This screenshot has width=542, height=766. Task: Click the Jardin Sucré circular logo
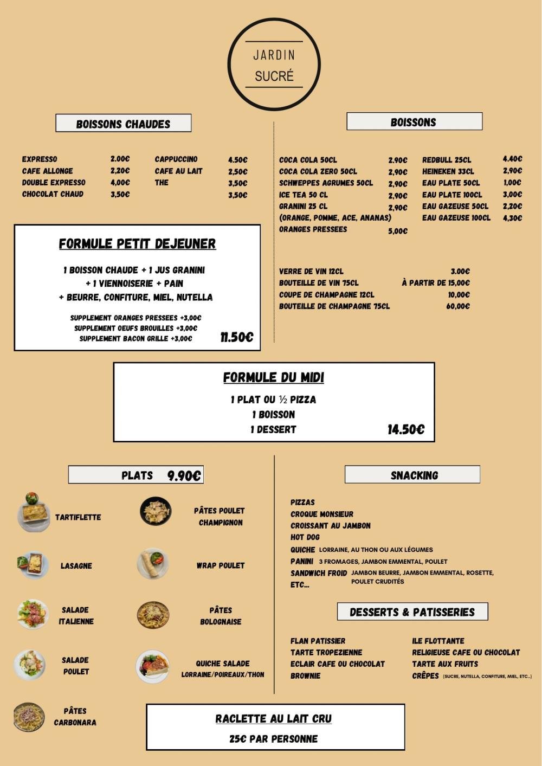[274, 64]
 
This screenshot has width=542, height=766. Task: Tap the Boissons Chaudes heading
[123, 124]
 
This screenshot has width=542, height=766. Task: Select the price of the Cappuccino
[237, 160]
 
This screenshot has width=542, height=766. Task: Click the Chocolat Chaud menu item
[53, 194]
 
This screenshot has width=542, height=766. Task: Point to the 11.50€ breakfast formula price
[236, 337]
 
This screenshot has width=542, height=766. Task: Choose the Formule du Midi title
[274, 377]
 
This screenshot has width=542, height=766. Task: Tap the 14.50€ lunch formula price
[405, 430]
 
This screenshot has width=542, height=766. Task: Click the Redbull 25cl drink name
[447, 160]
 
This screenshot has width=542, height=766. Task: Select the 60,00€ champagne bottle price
[458, 306]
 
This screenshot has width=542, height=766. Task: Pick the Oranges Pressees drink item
[313, 229]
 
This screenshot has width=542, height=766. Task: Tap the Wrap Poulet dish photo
[153, 564]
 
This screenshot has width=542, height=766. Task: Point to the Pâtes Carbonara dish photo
[29, 717]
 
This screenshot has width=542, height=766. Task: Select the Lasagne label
[76, 566]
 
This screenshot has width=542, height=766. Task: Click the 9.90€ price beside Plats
[184, 476]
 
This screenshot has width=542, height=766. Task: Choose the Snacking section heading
[414, 475]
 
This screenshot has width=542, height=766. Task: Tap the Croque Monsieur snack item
[321, 514]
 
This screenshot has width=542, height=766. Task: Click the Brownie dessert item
[305, 676]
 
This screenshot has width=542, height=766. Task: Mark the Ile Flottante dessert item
[438, 641]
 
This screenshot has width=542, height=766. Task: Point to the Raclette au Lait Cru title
[273, 719]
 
